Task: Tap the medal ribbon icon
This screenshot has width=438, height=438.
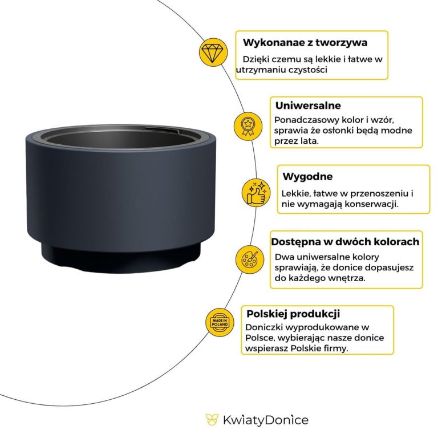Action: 248,124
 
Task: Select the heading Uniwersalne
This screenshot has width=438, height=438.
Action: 308,106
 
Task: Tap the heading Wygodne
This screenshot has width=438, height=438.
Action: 307,177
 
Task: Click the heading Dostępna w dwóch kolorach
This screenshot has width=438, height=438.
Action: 345,241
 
